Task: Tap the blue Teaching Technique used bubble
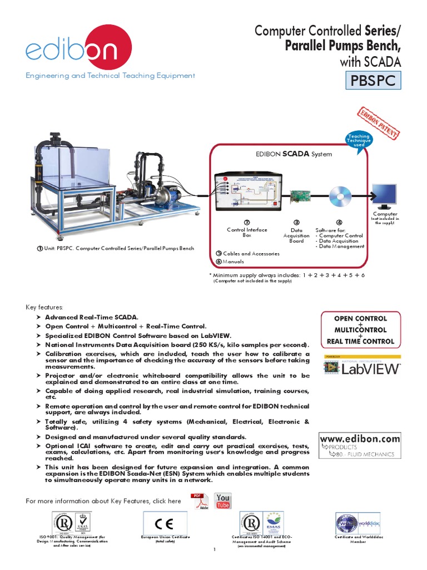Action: pos(359,140)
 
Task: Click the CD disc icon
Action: pos(339,197)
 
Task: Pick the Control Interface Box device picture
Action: pos(248,191)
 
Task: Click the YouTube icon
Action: pos(223,501)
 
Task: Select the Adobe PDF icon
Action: pos(198,502)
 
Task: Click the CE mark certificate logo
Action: pos(165,524)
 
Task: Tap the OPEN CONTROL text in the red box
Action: pos(360,318)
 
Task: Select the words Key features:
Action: pos(45,307)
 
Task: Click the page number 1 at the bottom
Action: pos(213,550)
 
